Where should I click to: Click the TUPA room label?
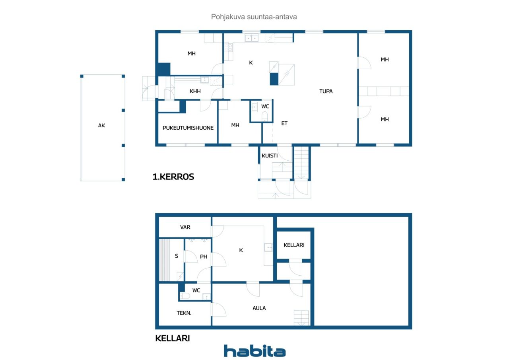point(326,91)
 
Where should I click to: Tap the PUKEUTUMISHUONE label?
point(188,128)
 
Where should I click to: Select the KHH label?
point(195,91)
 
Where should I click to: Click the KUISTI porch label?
point(270,156)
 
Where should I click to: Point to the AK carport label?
point(101,125)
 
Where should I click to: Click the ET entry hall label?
point(284,123)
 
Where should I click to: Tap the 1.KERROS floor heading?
point(173,177)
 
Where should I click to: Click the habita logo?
point(254,351)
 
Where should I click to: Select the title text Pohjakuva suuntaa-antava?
point(254,17)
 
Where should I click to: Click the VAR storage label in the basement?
point(185,227)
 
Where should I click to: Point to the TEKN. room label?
point(184,313)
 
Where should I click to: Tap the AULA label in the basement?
point(259,308)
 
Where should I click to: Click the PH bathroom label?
point(203,257)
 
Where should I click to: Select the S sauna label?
point(177,256)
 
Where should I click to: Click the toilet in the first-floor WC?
point(264,117)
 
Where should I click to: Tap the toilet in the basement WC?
point(185,296)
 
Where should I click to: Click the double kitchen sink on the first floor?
point(252,38)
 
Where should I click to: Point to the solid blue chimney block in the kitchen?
point(274,79)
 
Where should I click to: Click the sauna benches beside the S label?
point(164,260)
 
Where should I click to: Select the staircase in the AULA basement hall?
point(301,318)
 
